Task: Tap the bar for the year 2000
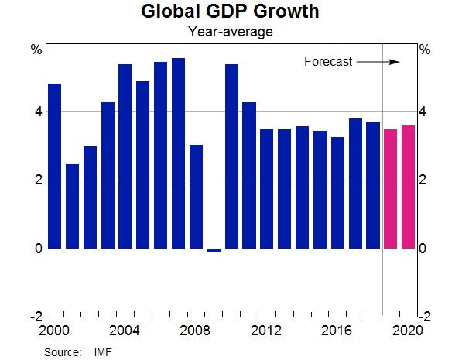55,166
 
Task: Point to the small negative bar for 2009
214,250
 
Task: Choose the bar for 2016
337,193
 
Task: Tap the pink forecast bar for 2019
391,189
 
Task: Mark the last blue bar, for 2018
373,185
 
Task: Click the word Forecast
328,62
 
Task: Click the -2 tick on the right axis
424,317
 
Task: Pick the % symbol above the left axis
36,50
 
